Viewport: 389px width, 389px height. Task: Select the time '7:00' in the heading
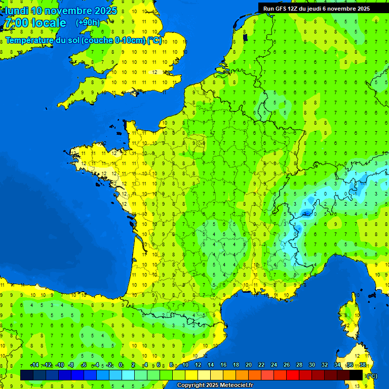coord(15,23)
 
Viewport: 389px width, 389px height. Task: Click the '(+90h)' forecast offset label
coord(88,22)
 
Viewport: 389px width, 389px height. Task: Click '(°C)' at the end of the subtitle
coord(154,40)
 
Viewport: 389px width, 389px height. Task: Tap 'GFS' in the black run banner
coord(283,8)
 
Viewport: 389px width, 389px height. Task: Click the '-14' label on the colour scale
coord(34,365)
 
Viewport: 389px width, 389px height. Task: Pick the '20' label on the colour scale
coord(249,365)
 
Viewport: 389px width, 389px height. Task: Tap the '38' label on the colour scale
coord(363,365)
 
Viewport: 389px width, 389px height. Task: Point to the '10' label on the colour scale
coord(185,365)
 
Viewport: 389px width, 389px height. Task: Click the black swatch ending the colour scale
coord(356,375)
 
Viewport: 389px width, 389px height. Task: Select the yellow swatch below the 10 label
coord(191,375)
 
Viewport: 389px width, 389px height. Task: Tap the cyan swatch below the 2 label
coord(128,375)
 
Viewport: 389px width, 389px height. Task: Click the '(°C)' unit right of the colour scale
coord(371,375)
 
